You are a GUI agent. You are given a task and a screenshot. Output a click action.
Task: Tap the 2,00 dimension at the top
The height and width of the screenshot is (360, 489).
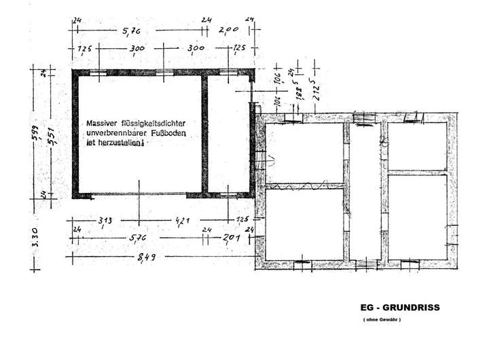(228, 30)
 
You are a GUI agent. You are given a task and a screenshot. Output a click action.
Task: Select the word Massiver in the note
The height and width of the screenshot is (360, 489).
(101, 124)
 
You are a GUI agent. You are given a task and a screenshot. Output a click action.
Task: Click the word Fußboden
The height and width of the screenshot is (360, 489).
(169, 134)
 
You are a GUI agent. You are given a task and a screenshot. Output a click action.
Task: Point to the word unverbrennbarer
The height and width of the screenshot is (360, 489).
(115, 134)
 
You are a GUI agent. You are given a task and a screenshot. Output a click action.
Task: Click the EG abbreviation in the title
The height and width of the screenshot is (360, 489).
(368, 308)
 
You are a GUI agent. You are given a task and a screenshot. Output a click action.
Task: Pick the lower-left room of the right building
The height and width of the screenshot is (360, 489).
(303, 224)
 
